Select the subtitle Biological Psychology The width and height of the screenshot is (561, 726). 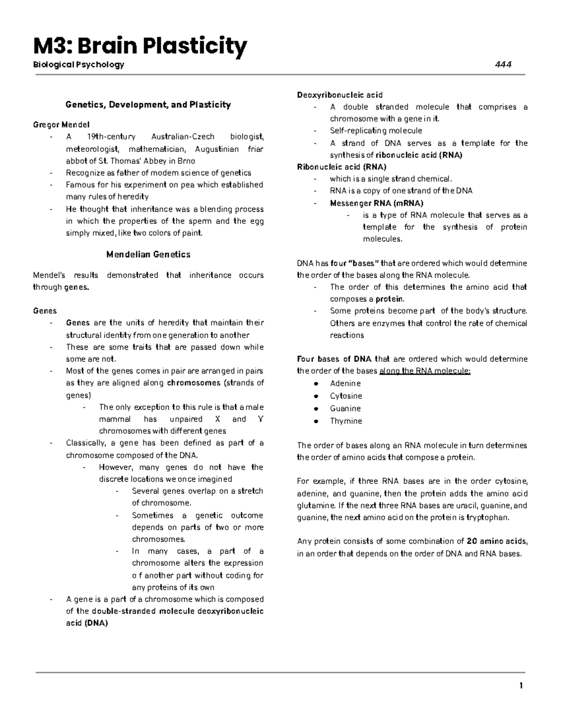(x=79, y=65)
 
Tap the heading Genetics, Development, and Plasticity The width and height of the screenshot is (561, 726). (x=148, y=105)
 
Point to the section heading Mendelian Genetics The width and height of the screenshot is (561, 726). (x=148, y=255)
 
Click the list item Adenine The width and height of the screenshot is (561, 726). (x=345, y=383)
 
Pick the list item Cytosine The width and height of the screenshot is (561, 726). (x=346, y=396)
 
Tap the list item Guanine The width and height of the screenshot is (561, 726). (x=345, y=408)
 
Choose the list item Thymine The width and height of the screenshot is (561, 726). (x=346, y=421)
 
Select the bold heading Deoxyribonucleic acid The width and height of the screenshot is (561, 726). (x=340, y=95)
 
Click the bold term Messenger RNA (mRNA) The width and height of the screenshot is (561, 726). (x=376, y=203)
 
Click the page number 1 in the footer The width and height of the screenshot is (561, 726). (x=521, y=686)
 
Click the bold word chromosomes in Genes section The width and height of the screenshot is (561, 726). (x=194, y=383)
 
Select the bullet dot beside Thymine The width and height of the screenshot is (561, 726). (x=316, y=421)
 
